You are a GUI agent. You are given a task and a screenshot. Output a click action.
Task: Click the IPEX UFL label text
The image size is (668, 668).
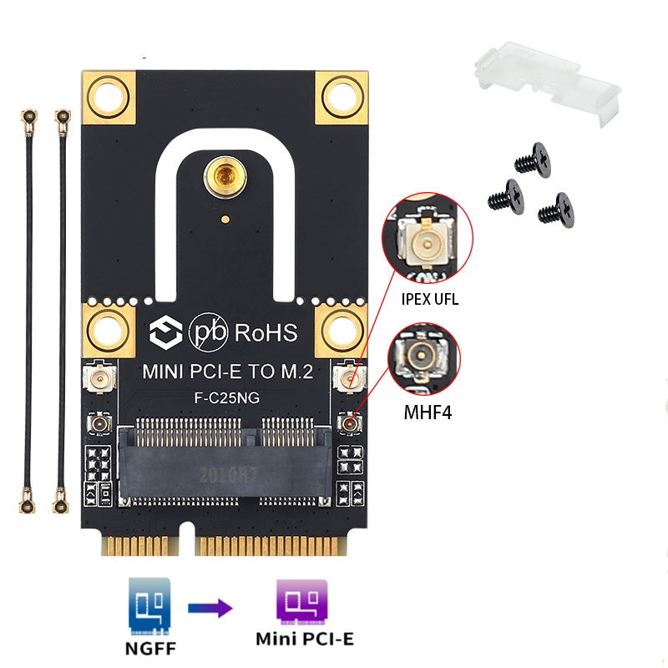[x=429, y=298]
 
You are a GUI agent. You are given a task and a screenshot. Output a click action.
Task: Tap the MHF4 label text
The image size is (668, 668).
[x=427, y=411]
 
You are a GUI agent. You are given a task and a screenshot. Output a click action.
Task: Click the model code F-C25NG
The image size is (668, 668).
[x=226, y=398]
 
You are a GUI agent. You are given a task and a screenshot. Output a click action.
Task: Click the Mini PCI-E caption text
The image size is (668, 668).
[x=304, y=639]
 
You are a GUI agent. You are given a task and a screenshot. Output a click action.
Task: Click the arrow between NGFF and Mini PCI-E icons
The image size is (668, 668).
[x=209, y=608]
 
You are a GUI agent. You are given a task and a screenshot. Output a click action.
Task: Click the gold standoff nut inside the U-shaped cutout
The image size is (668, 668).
[x=222, y=176]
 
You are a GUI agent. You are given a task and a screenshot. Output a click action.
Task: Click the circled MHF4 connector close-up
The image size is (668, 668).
[x=424, y=357]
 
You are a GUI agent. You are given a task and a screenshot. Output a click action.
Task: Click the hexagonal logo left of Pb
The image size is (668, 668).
[x=163, y=332]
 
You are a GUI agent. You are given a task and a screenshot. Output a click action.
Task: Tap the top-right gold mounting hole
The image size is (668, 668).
[x=342, y=96]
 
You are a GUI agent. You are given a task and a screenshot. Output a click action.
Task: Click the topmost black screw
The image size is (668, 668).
[x=533, y=159]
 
